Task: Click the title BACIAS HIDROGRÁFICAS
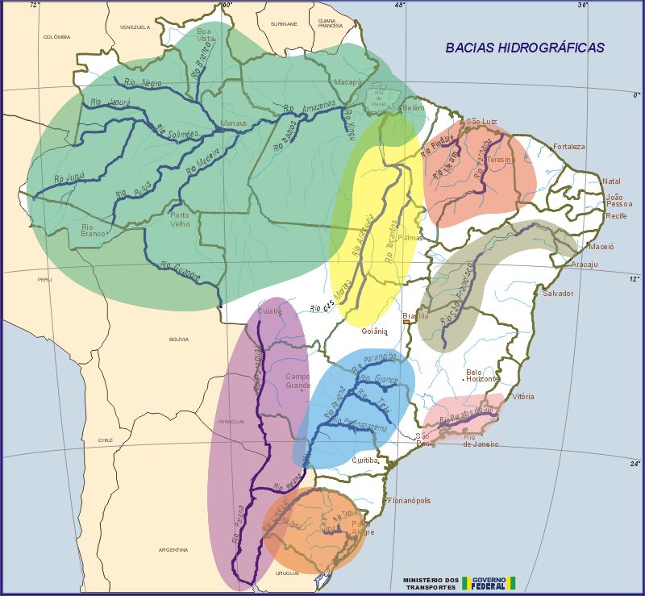point(525,48)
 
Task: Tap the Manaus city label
point(235,124)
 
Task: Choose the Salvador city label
point(558,293)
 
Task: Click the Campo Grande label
point(298,381)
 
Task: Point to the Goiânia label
point(375,331)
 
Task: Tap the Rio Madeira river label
point(202,165)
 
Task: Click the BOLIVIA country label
point(178,340)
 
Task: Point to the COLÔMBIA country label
point(57,36)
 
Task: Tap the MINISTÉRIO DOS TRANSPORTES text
point(431,582)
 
